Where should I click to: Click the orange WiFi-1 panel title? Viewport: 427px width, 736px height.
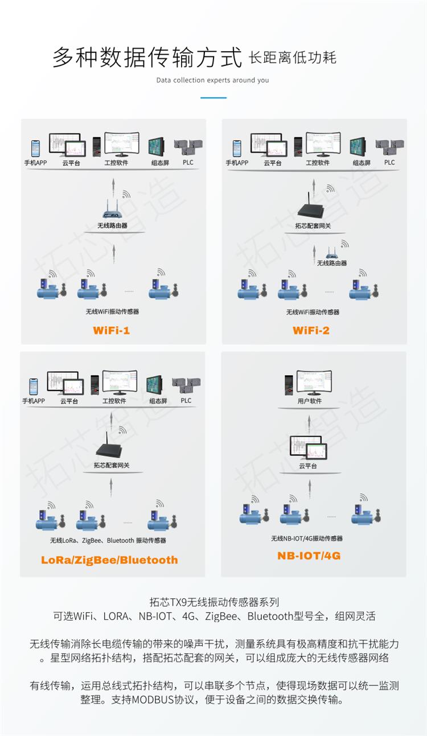point(112,330)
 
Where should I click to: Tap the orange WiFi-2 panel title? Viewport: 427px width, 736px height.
point(311,330)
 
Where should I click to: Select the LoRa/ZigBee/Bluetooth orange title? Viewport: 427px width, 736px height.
point(109,560)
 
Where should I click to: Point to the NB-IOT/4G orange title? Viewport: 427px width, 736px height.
point(309,556)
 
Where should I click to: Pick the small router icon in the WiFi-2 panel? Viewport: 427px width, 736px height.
point(332,253)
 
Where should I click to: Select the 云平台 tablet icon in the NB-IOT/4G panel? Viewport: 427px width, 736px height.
point(309,447)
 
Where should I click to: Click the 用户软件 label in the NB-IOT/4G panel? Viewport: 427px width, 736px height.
point(310,401)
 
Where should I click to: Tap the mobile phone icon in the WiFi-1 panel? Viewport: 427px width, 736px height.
point(35,148)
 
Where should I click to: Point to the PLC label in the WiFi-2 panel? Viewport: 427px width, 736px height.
point(389,162)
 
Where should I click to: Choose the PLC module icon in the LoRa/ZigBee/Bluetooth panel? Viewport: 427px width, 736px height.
point(186,385)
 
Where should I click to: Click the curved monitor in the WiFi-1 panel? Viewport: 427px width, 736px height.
point(122,145)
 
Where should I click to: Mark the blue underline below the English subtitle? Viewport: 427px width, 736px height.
point(213,97)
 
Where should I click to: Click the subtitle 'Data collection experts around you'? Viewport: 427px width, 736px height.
point(213,80)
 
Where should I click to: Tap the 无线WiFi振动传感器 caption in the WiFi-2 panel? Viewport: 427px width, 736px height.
point(313,312)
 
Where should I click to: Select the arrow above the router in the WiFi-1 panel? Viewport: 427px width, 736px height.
point(113,188)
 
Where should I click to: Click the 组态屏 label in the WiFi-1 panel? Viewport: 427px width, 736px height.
point(160,163)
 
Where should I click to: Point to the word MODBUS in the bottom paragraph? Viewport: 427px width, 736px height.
point(153,700)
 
